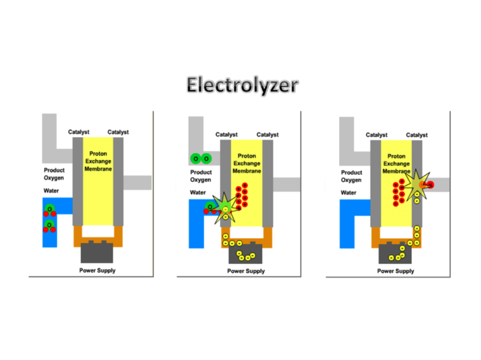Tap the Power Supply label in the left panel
coord(97,270)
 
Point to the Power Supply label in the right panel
coord(396,271)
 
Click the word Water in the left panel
coord(52,191)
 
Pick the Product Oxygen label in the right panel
coord(351,175)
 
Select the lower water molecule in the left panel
coord(49,227)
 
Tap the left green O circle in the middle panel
coord(195,159)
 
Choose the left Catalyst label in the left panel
coord(79,132)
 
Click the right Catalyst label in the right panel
coord(417,135)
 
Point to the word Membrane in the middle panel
coord(247,171)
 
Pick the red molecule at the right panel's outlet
coord(429,184)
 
